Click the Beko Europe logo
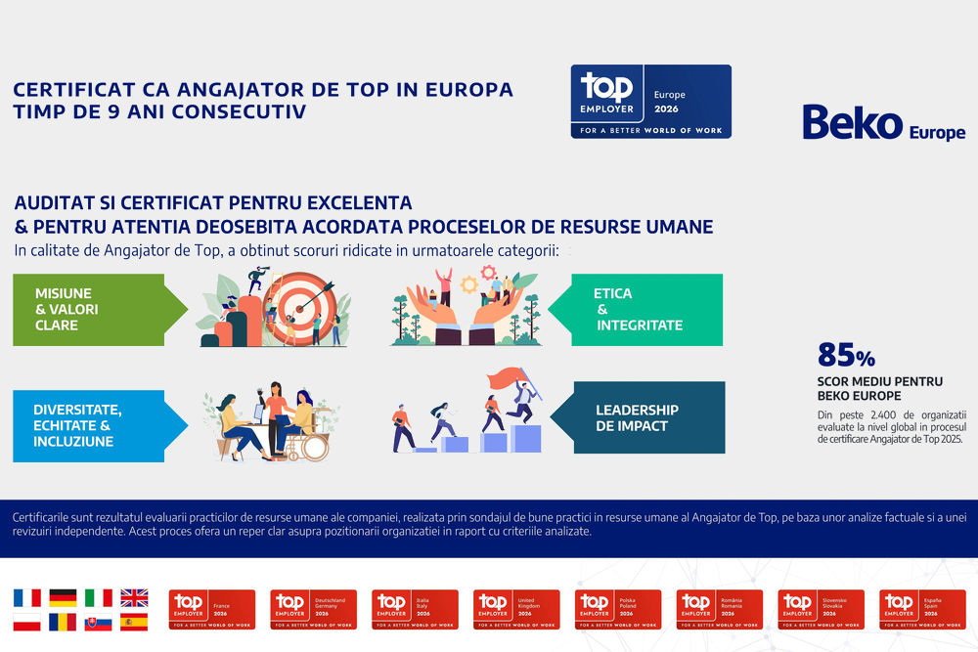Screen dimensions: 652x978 tap(883, 124)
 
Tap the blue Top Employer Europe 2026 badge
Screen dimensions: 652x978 tap(650, 101)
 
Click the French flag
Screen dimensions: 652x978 tap(27, 597)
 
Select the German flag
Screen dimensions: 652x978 tap(63, 597)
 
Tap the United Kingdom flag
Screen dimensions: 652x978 tap(134, 597)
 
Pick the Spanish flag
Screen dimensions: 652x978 tap(134, 622)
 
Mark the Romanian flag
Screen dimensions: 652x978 tap(63, 622)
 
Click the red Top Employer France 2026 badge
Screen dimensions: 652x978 tap(211, 609)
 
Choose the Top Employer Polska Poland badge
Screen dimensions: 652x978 tap(618, 609)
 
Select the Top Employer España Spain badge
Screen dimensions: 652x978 tap(922, 609)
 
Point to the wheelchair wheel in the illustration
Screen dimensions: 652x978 tap(313, 448)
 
